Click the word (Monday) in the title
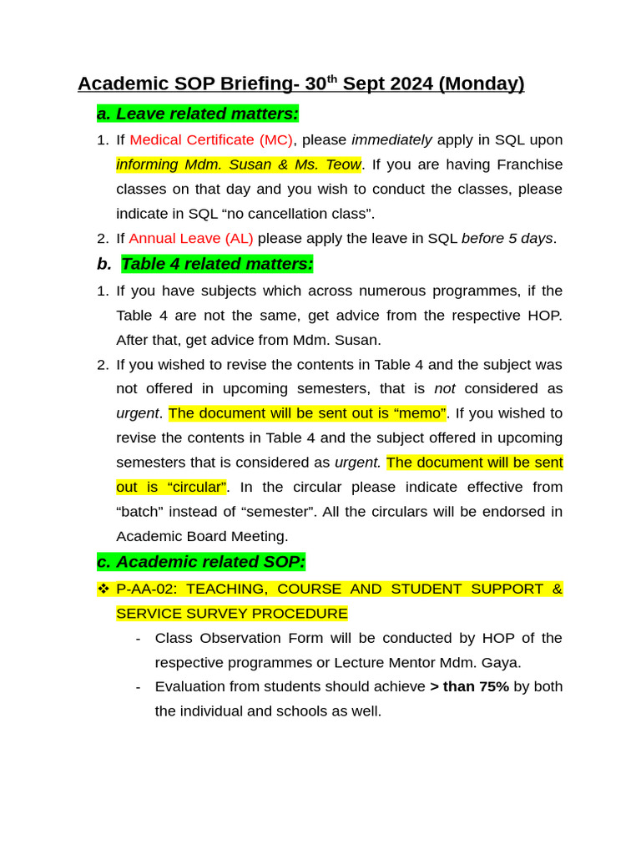(x=481, y=84)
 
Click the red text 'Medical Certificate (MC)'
(x=211, y=140)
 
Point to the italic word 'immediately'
(x=391, y=140)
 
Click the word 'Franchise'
(x=527, y=164)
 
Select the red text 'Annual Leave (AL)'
(x=191, y=239)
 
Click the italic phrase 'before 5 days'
(x=507, y=239)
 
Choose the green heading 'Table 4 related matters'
(x=217, y=265)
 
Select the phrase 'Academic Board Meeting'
(x=202, y=536)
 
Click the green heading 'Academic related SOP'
(x=201, y=562)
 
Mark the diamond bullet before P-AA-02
(x=103, y=589)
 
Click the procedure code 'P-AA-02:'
(x=147, y=589)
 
